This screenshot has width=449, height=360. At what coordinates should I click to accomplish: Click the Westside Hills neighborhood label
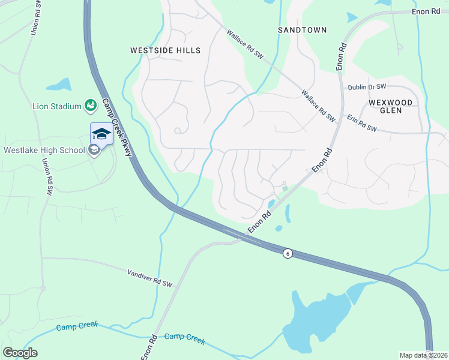pyautogui.click(x=165, y=51)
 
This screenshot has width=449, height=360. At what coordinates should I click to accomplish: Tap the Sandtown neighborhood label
pyautogui.click(x=303, y=29)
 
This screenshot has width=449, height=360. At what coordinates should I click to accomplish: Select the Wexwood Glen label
pyautogui.click(x=391, y=107)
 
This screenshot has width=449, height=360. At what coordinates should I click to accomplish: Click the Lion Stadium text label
pyautogui.click(x=56, y=107)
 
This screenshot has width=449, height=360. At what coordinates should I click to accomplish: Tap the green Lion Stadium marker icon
pyautogui.click(x=91, y=106)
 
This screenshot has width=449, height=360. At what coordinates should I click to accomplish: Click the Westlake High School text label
pyautogui.click(x=44, y=150)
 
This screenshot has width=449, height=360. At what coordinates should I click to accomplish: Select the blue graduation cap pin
pyautogui.click(x=101, y=134)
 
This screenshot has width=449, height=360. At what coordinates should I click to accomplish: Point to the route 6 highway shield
pyautogui.click(x=288, y=254)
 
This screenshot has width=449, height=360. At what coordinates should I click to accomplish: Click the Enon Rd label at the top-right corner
pyautogui.click(x=427, y=12)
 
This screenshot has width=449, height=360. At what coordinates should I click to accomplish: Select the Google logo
pyautogui.click(x=20, y=353)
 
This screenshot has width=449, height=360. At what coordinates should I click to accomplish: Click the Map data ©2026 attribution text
pyautogui.click(x=423, y=355)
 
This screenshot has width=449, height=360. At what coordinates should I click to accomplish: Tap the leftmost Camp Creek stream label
pyautogui.click(x=76, y=328)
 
